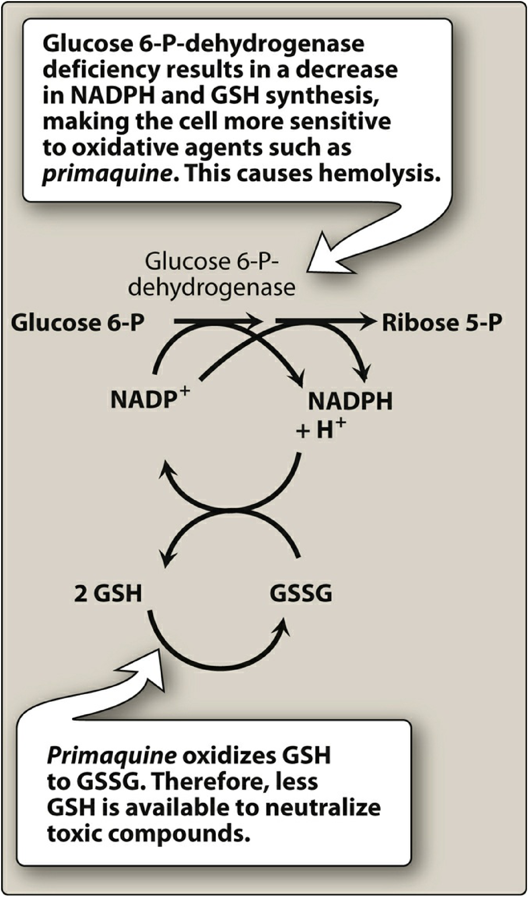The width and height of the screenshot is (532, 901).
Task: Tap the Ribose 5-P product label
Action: pyautogui.click(x=441, y=323)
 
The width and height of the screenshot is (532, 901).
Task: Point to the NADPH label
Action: pyautogui.click(x=350, y=402)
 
